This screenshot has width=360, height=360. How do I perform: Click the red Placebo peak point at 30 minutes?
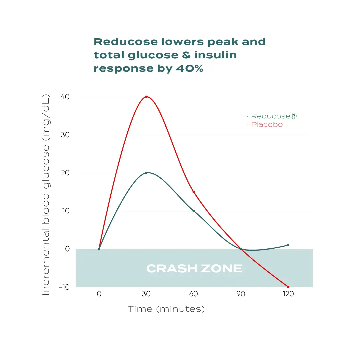[x=146, y=97]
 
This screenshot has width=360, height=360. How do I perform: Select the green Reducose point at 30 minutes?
[x=146, y=173]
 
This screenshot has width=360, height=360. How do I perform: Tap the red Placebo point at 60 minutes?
[x=194, y=192]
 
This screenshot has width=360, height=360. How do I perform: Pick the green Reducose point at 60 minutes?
[x=194, y=211]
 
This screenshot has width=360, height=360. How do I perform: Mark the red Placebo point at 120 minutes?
[x=288, y=287]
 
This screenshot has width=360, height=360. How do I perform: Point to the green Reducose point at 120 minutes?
[x=288, y=245]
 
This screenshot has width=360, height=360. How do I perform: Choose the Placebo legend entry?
[x=267, y=125]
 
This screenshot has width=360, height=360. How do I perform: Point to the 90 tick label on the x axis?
[x=241, y=294]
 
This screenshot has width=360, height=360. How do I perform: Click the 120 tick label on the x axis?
[x=288, y=294]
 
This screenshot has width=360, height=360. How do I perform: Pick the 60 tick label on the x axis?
[x=194, y=294]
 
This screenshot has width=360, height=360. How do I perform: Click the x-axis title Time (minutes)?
[x=166, y=309]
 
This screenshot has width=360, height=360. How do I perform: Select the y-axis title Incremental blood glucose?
[x=46, y=195]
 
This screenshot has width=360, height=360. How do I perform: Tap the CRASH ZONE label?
[x=194, y=269]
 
